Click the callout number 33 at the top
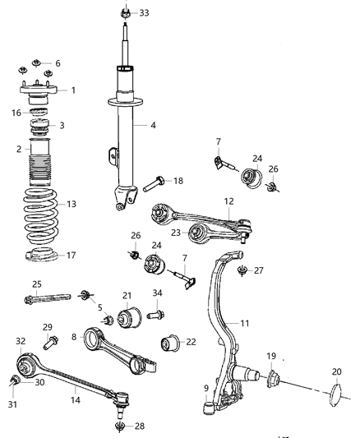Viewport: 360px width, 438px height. (145, 13)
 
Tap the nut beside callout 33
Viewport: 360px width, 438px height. (123, 12)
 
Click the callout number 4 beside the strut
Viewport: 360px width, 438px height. (152, 125)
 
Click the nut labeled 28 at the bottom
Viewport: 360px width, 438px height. (119, 426)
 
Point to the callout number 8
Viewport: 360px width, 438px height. (75, 337)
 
